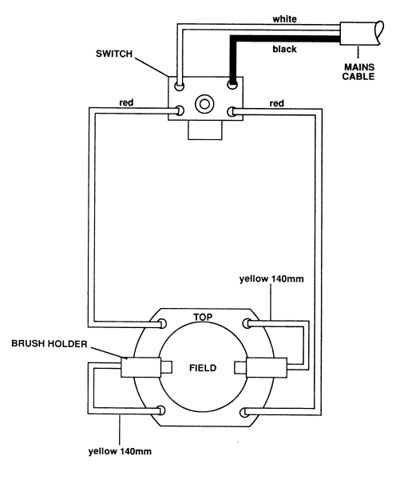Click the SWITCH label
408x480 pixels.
pos(114,54)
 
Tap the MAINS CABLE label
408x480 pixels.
pos(358,72)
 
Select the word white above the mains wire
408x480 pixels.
pos(284,19)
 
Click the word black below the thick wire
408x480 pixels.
pos(284,49)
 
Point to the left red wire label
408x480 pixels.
pos(126,102)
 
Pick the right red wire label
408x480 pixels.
pos(276,103)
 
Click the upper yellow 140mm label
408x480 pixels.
pos(271,279)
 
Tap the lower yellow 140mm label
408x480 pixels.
pos(120,451)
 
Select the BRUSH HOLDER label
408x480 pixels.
pos(50,344)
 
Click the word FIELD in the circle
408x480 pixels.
pos(203,368)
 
